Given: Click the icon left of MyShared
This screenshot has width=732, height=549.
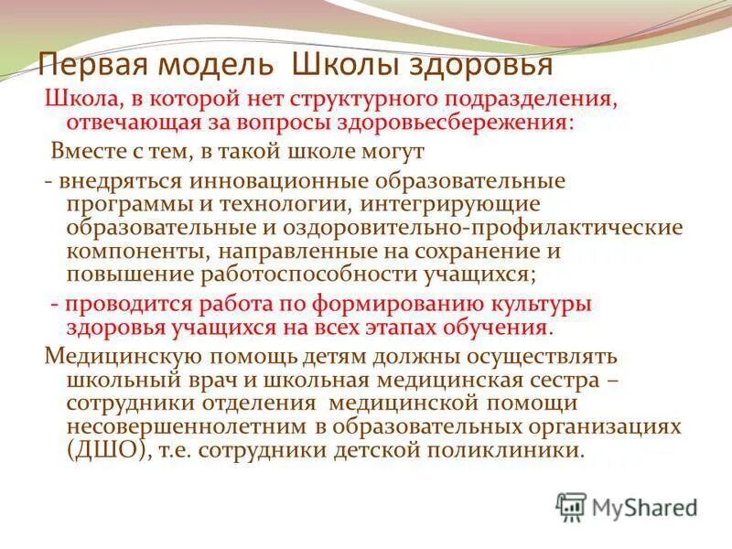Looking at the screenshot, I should coord(571,505).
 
